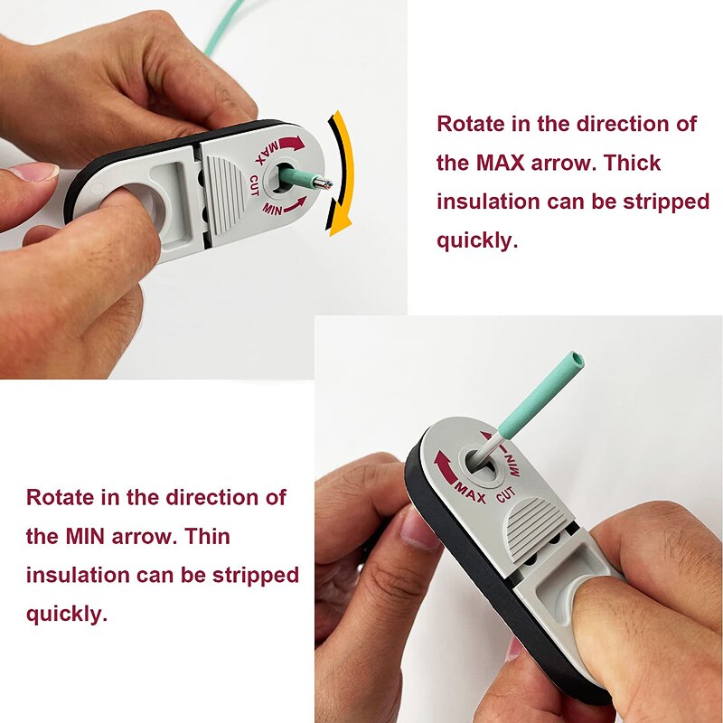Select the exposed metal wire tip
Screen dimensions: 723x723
pyautogui.click(x=324, y=183)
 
